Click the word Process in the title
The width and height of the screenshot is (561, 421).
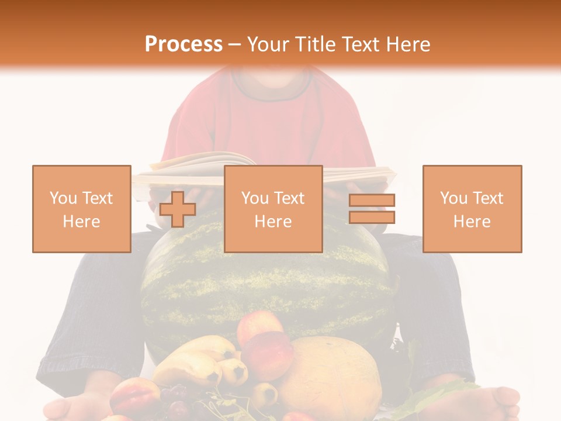click(183, 44)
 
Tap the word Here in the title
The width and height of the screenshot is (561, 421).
click(405, 44)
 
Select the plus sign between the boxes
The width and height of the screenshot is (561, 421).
click(178, 209)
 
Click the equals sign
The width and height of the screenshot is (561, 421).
click(372, 209)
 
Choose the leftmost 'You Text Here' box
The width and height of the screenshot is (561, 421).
click(82, 209)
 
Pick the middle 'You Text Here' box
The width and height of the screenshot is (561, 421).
click(273, 209)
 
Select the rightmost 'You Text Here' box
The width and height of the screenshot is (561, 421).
click(472, 209)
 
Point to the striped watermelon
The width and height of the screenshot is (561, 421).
click(263, 281)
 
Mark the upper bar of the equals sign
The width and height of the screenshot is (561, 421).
click(372, 201)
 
